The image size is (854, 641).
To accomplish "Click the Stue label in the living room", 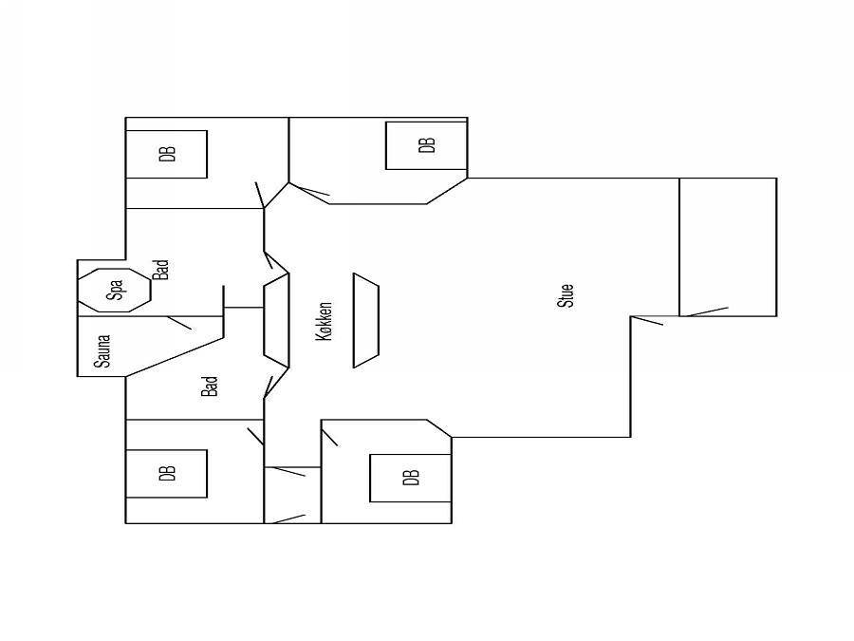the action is pyautogui.click(x=566, y=295).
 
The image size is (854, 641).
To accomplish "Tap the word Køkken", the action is pyautogui.click(x=324, y=322).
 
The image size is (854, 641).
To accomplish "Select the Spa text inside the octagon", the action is pyautogui.click(x=115, y=290).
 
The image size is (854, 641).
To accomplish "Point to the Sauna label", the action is pyautogui.click(x=102, y=351).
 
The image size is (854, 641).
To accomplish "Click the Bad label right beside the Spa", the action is pyautogui.click(x=160, y=270).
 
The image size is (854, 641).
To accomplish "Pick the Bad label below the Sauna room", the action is pyautogui.click(x=210, y=386).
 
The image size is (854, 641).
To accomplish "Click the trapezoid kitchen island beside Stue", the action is pyautogui.click(x=366, y=321).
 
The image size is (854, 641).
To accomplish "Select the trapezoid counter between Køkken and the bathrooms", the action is pyautogui.click(x=276, y=321).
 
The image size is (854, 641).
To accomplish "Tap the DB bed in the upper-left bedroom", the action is pyautogui.click(x=167, y=154).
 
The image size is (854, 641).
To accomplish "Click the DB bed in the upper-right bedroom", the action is pyautogui.click(x=426, y=145).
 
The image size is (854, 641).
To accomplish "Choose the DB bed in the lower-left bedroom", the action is pyautogui.click(x=167, y=474).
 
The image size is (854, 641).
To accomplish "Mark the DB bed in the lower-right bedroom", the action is pyautogui.click(x=411, y=478).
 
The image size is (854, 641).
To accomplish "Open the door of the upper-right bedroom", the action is pyautogui.click(x=308, y=189).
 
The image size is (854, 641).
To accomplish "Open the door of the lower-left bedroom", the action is pyautogui.click(x=255, y=437).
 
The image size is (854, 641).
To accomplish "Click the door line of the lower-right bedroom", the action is pyautogui.click(x=329, y=438).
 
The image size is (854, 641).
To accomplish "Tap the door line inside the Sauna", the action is pyautogui.click(x=179, y=323).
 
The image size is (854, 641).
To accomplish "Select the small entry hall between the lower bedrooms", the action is pyautogui.click(x=292, y=495).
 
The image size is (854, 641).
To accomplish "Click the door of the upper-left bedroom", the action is pyautogui.click(x=260, y=195).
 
